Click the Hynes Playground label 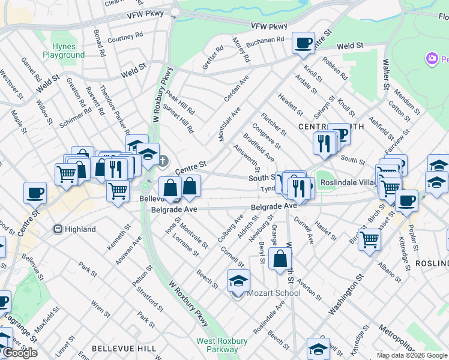64,50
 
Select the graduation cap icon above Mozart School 238,280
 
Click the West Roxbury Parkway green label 222,345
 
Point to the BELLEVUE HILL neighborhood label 124,349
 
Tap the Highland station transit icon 58,229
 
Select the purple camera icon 431,59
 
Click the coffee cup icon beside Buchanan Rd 303,43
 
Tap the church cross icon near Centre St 164,160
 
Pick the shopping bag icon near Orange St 280,259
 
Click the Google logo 20,353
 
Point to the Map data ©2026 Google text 411,355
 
